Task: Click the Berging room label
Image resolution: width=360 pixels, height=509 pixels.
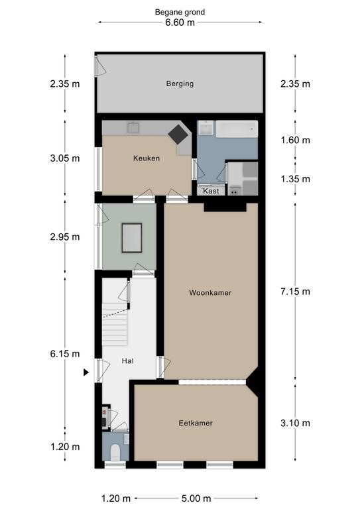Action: click(x=180, y=84)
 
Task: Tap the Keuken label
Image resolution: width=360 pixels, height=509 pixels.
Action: click(x=147, y=158)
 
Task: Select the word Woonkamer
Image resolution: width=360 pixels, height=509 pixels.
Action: click(x=210, y=293)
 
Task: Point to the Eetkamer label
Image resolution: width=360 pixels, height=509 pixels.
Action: click(x=196, y=423)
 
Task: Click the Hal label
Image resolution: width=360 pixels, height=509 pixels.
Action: click(x=127, y=361)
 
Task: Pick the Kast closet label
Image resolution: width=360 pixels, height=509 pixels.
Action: click(x=211, y=191)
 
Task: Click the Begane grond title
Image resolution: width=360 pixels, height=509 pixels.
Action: click(x=180, y=13)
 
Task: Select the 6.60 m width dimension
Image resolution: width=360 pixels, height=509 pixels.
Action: click(x=180, y=23)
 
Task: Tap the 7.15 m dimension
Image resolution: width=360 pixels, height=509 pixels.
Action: click(x=295, y=292)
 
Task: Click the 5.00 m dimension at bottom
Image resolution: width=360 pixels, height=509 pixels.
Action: click(x=196, y=498)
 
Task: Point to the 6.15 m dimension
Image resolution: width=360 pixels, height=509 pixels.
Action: click(x=65, y=353)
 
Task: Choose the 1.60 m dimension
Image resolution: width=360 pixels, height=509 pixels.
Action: click(x=295, y=141)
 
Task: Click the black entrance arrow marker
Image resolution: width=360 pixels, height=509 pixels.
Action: click(x=86, y=372)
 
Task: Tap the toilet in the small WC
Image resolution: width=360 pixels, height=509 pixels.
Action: click(x=115, y=452)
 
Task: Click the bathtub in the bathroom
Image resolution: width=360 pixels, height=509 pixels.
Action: click(x=237, y=129)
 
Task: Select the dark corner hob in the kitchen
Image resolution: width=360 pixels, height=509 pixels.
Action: click(x=179, y=134)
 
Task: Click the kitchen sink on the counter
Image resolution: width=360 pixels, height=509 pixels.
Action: click(x=133, y=127)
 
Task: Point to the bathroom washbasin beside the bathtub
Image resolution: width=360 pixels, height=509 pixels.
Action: click(x=206, y=128)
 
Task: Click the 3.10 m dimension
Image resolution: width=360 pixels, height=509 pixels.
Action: click(x=295, y=423)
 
